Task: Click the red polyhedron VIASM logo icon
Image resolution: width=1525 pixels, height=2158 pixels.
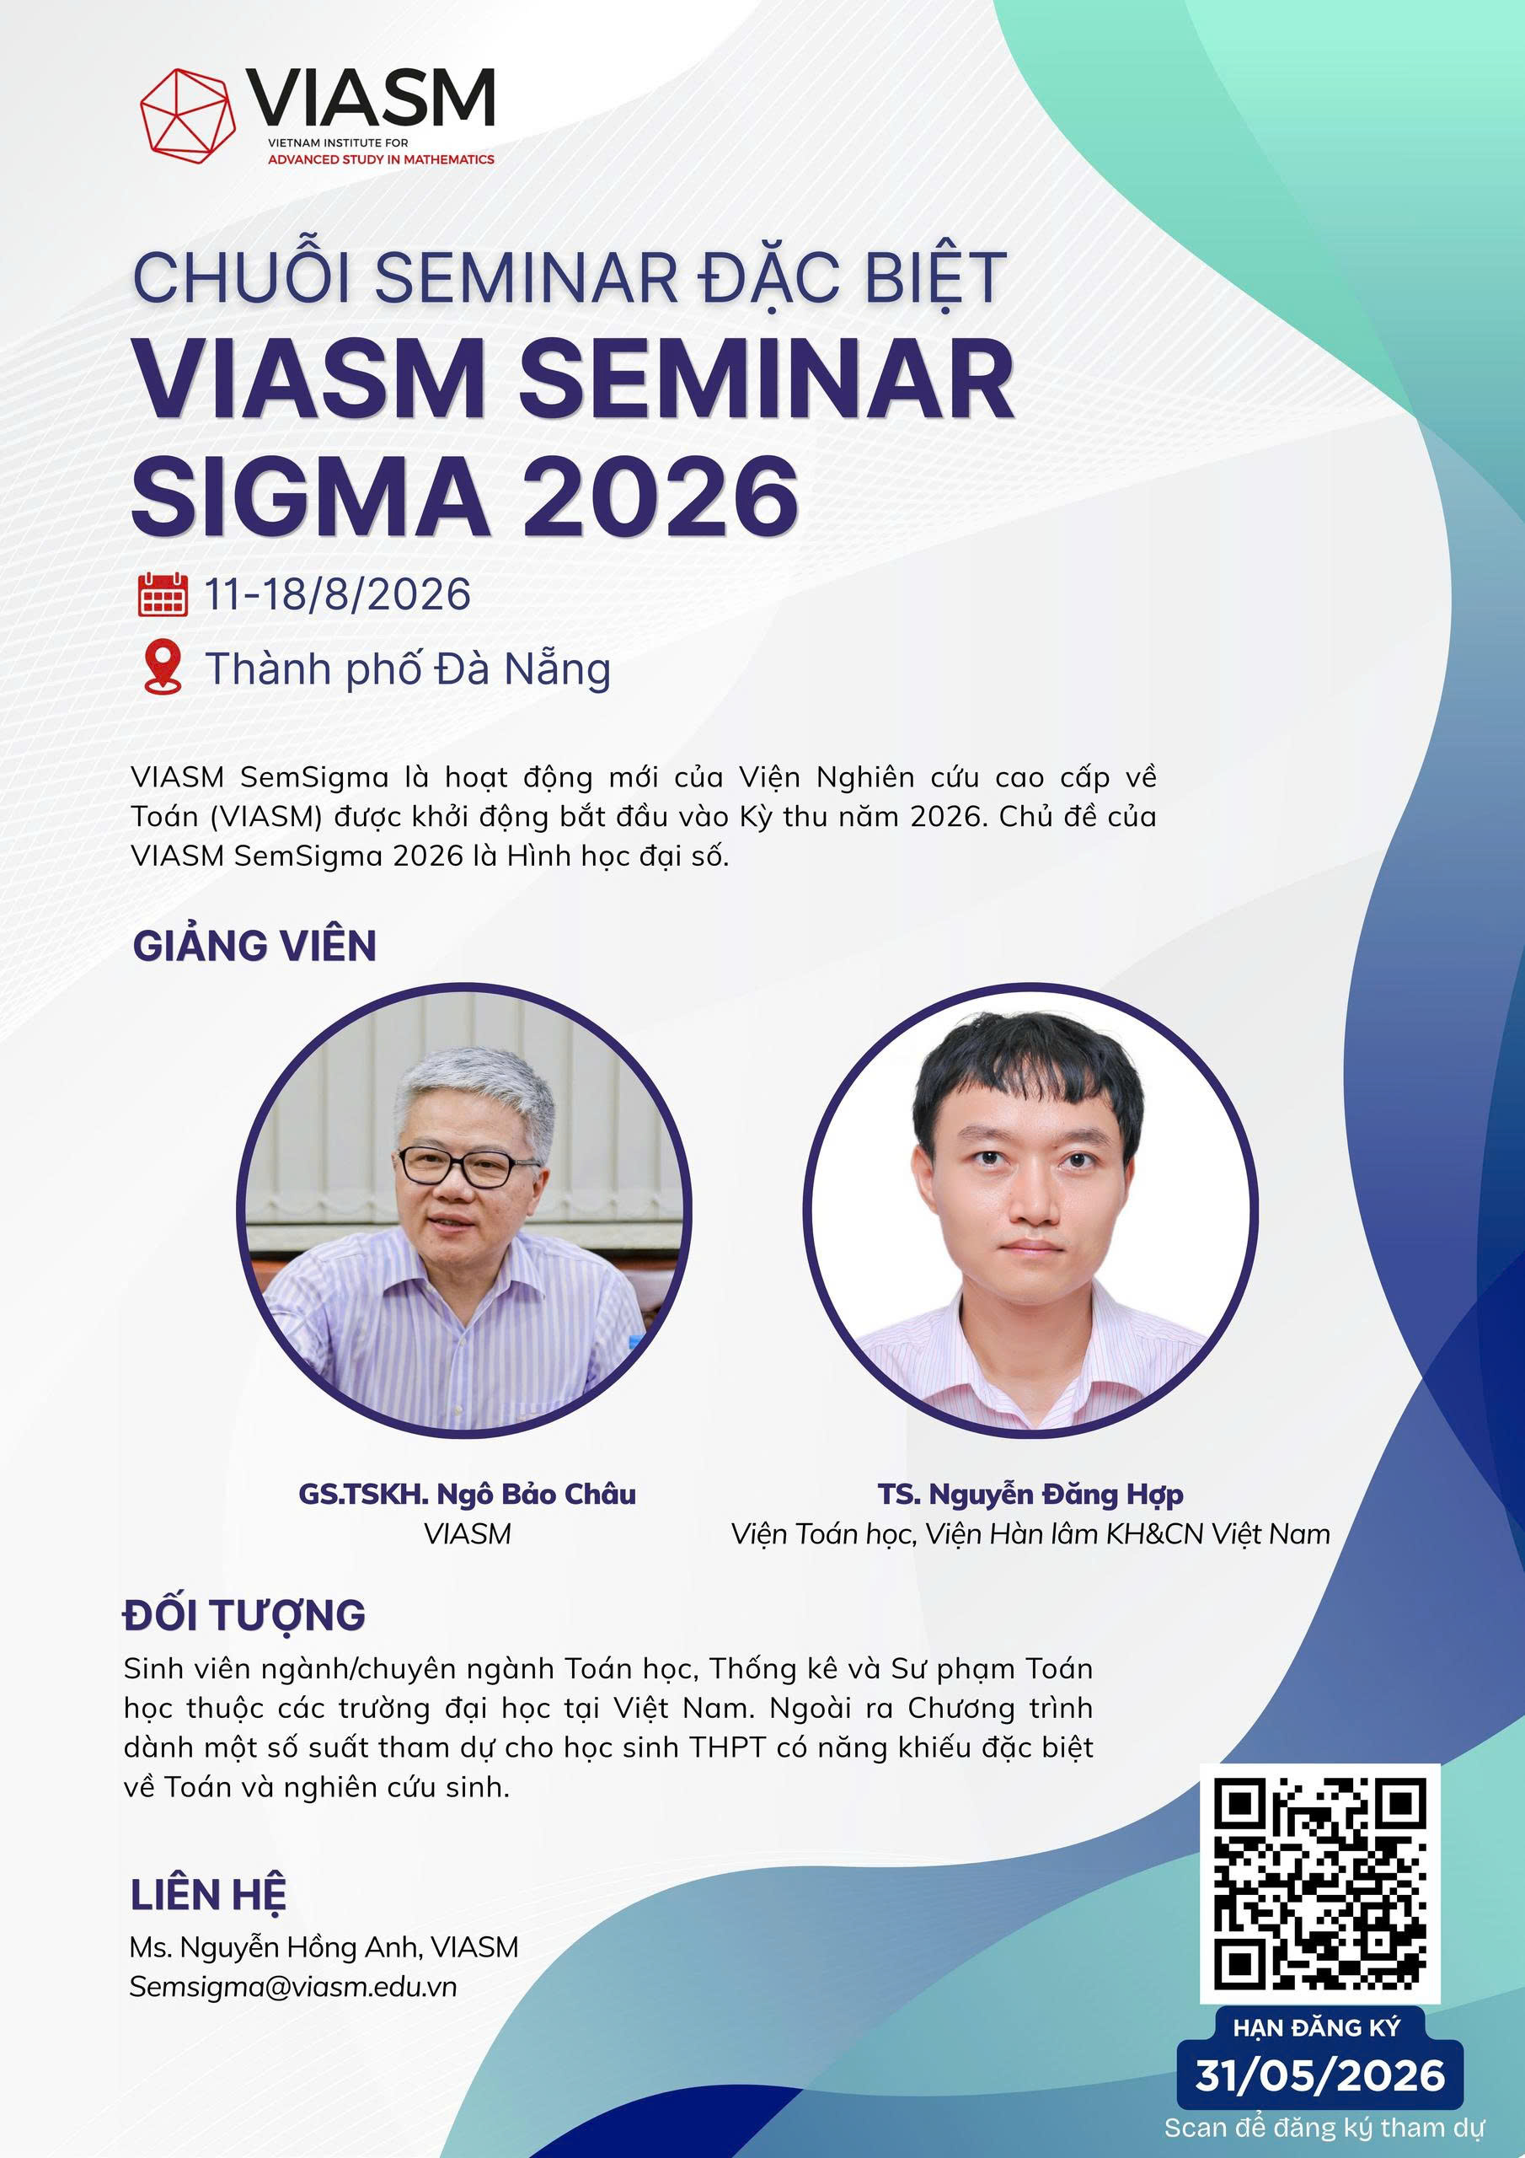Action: pyautogui.click(x=188, y=115)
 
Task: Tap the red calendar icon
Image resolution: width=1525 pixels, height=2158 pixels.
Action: pyautogui.click(x=163, y=594)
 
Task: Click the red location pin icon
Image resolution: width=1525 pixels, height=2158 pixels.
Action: pyautogui.click(x=163, y=668)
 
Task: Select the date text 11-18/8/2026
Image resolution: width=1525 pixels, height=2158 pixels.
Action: pyautogui.click(x=337, y=595)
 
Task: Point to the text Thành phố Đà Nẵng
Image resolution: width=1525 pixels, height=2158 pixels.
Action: pyautogui.click(x=408, y=669)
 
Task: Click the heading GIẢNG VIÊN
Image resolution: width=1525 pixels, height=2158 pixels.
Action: pyautogui.click(x=254, y=945)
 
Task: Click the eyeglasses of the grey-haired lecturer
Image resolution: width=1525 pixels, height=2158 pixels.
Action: pyautogui.click(x=456, y=1167)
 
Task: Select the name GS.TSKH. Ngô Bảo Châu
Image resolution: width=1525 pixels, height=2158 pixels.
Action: pyautogui.click(x=467, y=1494)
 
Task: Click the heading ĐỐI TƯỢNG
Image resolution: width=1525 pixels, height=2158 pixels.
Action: pyautogui.click(x=244, y=1615)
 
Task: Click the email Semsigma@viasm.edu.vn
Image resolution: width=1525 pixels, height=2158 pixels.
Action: pyautogui.click(x=293, y=1986)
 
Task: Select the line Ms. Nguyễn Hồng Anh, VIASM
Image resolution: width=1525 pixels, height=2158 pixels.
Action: pyautogui.click(x=324, y=1946)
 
